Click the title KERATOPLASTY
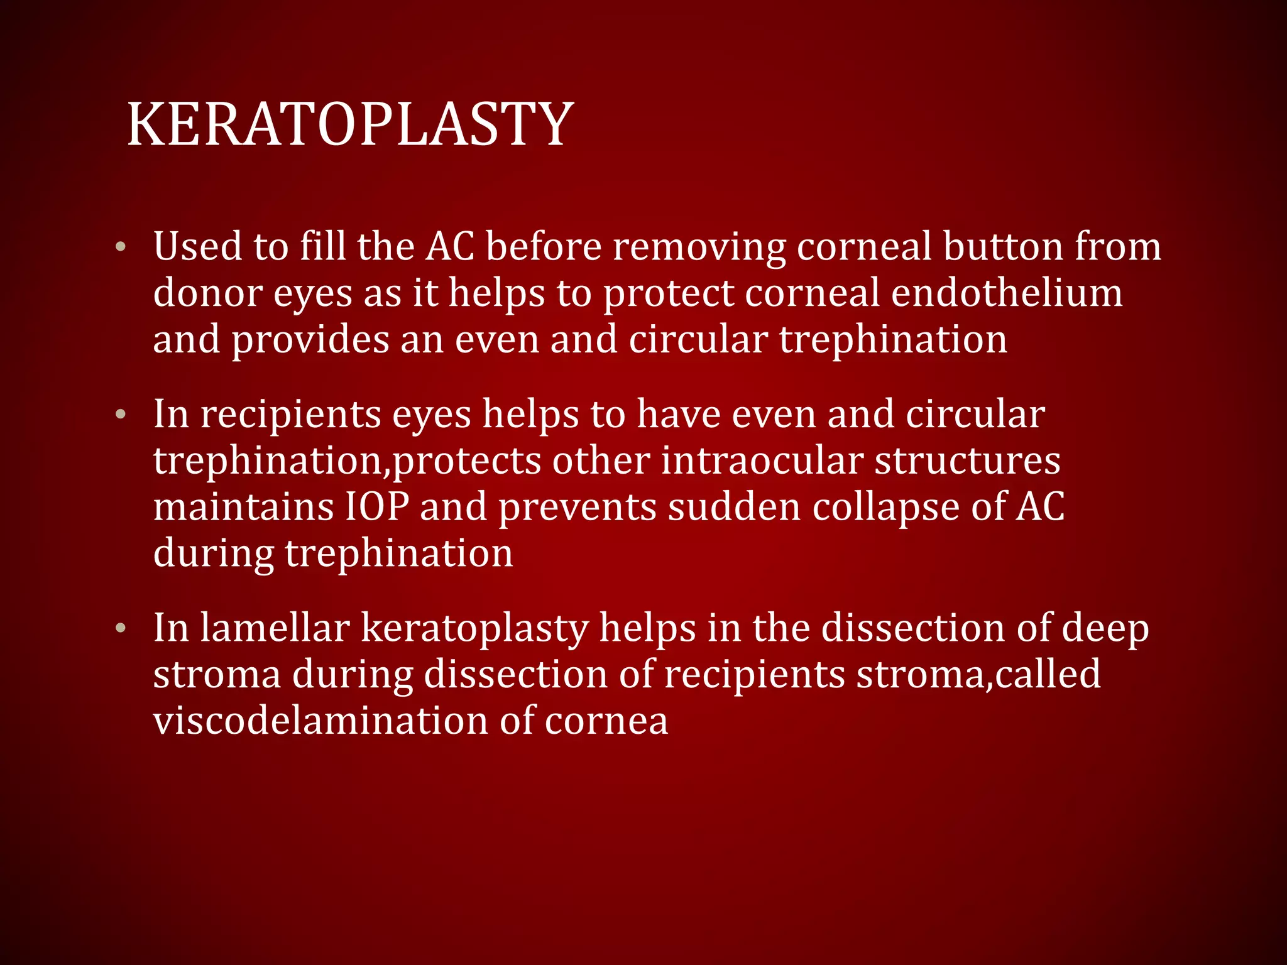pyautogui.click(x=350, y=124)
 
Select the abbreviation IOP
pyautogui.click(x=376, y=506)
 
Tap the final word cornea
pyautogui.click(x=606, y=721)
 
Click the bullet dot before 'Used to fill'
pyautogui.click(x=121, y=247)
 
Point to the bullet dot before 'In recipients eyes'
pyautogui.click(x=121, y=415)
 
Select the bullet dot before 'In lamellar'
pyautogui.click(x=121, y=628)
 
